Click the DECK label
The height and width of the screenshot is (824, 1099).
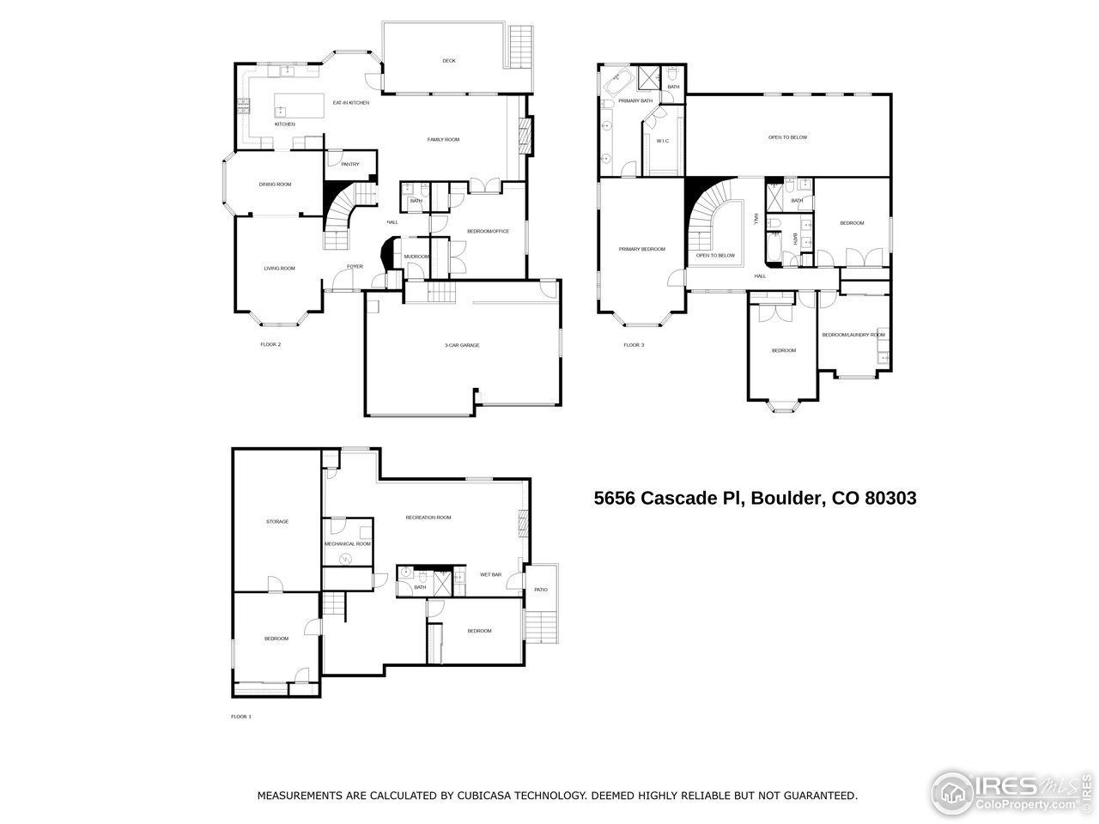pos(448,61)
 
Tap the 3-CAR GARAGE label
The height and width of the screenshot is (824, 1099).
pos(462,345)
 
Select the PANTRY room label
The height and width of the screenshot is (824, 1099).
pos(349,164)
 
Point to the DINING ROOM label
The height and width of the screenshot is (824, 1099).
pos(276,185)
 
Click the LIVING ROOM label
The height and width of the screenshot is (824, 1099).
pos(279,269)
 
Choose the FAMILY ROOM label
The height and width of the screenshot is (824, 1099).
pos(444,139)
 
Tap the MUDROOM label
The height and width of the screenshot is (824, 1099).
pos(416,257)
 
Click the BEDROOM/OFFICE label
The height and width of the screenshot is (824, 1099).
pos(489,232)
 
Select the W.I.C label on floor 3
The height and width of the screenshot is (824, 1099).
pos(663,141)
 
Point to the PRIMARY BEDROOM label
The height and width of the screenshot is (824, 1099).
pos(642,249)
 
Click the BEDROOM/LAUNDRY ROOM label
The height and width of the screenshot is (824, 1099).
pos(853,335)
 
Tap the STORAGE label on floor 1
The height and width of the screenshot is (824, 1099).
pos(276,522)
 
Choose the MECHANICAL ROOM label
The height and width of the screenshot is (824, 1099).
pos(347,544)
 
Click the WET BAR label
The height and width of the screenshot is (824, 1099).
pos(490,574)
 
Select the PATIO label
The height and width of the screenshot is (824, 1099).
pos(540,590)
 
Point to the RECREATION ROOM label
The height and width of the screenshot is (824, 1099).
pos(428,518)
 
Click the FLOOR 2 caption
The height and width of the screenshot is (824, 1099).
pos(270,345)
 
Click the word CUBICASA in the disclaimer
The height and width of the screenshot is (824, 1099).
pos(475,796)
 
